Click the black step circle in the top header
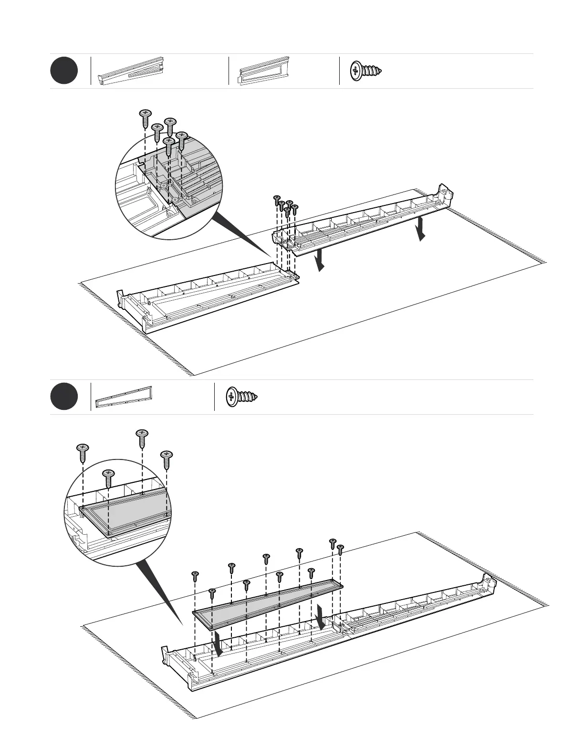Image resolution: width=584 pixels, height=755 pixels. pos(64,71)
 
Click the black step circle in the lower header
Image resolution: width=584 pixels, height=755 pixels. pos(64,397)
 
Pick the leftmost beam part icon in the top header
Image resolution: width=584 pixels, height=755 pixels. pos(131,71)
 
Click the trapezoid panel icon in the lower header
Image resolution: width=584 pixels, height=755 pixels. pos(124,397)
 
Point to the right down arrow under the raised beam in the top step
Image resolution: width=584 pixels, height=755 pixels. pos(420,229)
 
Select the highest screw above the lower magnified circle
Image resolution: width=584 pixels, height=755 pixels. pos(142,438)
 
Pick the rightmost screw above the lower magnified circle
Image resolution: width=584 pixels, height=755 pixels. pos(167,459)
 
